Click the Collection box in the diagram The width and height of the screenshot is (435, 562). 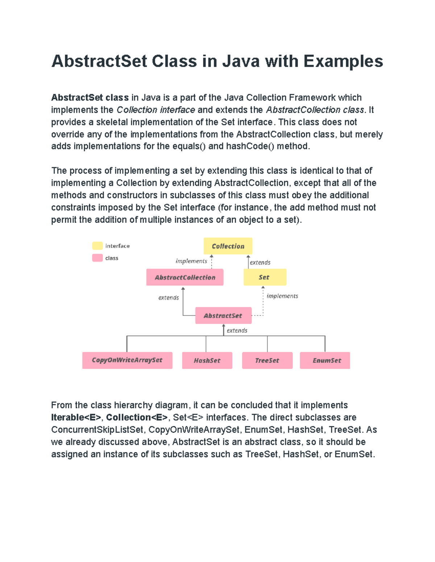pyautogui.click(x=228, y=246)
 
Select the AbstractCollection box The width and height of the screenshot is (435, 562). pyautogui.click(x=185, y=277)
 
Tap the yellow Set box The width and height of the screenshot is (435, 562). pyautogui.click(x=265, y=277)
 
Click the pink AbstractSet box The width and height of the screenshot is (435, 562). pyautogui.click(x=223, y=316)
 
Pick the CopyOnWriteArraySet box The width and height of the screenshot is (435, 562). pyautogui.click(x=127, y=360)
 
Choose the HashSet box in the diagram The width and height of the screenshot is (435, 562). pyautogui.click(x=207, y=360)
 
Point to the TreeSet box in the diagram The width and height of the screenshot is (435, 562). pyautogui.click(x=267, y=360)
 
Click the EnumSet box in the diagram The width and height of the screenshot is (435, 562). pyautogui.click(x=325, y=360)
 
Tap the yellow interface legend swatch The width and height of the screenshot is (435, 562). pyautogui.click(x=97, y=246)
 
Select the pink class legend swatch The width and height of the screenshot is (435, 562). pyautogui.click(x=97, y=258)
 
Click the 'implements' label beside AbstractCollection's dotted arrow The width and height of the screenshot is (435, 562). pyautogui.click(x=191, y=261)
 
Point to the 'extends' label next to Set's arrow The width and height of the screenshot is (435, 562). pyautogui.click(x=260, y=262)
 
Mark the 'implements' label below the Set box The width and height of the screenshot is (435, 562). pyautogui.click(x=282, y=296)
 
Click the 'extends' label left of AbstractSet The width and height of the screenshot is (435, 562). pyautogui.click(x=169, y=297)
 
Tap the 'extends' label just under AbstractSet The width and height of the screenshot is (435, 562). pyautogui.click(x=237, y=330)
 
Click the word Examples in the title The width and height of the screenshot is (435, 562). pyautogui.click(x=343, y=61)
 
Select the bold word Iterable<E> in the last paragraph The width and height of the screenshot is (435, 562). pyautogui.click(x=76, y=417)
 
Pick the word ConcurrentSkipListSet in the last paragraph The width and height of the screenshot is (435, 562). pyautogui.click(x=98, y=430)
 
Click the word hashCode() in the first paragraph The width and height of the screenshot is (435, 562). pyautogui.click(x=250, y=146)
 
